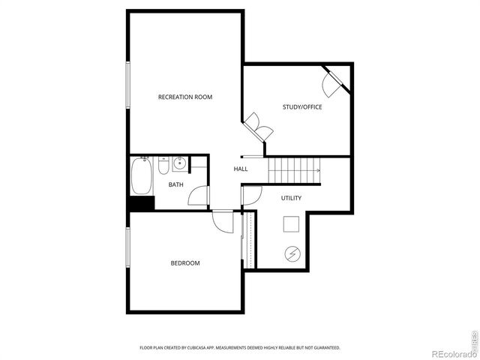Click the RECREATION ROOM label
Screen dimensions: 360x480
click(184, 97)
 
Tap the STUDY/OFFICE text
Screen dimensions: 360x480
click(302, 107)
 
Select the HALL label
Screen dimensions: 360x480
click(241, 169)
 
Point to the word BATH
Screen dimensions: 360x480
click(176, 184)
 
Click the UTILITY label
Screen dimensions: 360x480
click(291, 198)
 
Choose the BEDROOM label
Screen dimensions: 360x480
click(185, 262)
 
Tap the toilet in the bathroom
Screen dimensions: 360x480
click(162, 166)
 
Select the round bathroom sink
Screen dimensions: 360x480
click(180, 164)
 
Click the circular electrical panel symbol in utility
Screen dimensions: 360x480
click(291, 254)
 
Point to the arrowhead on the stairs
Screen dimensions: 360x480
click(318, 171)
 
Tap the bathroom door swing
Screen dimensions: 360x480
click(198, 194)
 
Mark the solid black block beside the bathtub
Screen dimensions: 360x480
click(142, 202)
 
